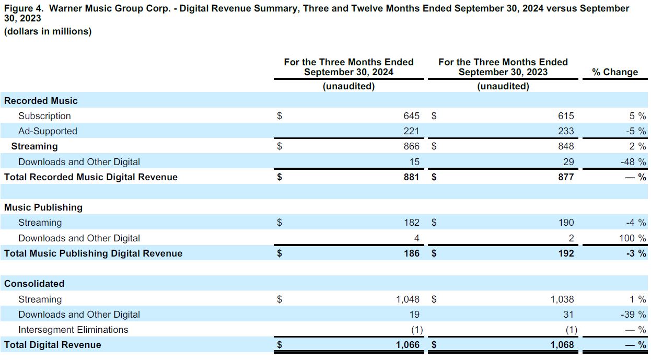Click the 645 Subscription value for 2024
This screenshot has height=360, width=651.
coord(411,116)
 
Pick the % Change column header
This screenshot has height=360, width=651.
coord(615,72)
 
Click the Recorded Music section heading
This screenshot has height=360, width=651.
coord(41,101)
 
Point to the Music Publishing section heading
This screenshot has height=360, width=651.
coord(43,207)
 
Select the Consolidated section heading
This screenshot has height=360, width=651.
coord(34,284)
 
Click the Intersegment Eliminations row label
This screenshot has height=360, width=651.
coord(73,330)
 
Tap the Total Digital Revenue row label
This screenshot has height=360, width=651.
coord(53,345)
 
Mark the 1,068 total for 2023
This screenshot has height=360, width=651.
coord(562,345)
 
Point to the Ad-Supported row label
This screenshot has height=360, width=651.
coord(48,131)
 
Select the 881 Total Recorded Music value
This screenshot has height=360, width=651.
coord(411,177)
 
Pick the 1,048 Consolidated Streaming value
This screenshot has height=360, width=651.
coord(408,299)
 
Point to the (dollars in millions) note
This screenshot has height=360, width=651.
coord(48,31)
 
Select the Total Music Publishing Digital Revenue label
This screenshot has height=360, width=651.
coord(94,253)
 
